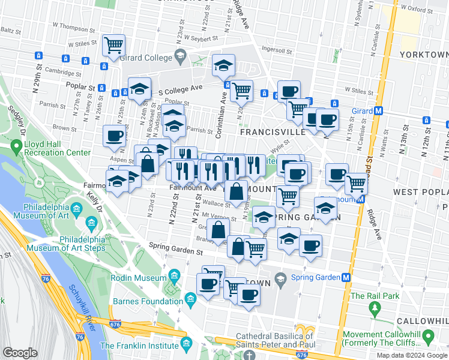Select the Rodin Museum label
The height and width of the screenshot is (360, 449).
coord(138,278)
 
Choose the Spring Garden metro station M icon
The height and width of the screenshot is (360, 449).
coord(346,277)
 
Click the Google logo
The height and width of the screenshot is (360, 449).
coord(20,353)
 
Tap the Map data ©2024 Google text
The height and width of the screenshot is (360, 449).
coord(412,355)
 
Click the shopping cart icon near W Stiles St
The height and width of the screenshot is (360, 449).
coord(113,45)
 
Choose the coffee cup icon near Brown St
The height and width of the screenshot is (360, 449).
coord(114,135)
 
